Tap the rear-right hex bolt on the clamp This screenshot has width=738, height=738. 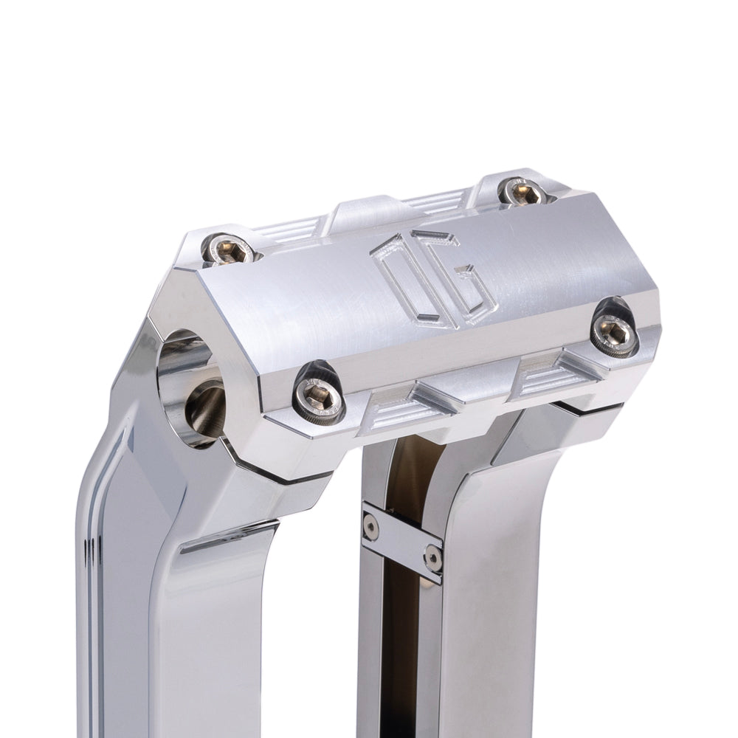click(523, 191)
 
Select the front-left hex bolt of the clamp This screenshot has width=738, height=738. click(320, 397)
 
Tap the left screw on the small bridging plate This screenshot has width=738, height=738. click(371, 526)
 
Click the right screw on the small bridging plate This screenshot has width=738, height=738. click(433, 556)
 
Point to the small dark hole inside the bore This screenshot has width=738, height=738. click(206, 410)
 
